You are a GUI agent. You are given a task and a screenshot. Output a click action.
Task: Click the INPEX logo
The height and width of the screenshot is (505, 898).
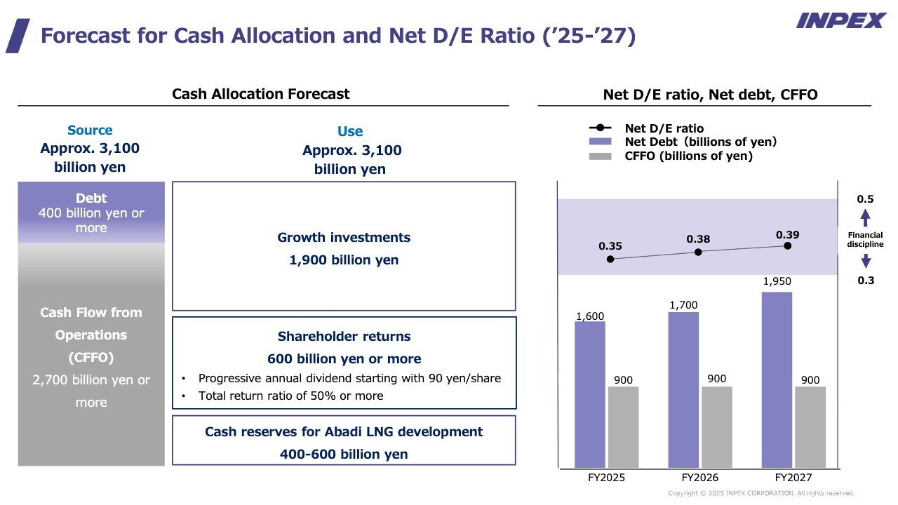(840, 20)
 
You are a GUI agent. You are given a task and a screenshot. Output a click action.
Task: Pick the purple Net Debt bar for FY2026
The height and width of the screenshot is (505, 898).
(683, 389)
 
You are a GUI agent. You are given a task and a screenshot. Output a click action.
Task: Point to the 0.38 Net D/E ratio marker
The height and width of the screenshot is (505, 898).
(698, 252)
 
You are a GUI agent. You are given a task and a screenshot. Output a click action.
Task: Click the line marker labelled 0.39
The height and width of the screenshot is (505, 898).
(788, 245)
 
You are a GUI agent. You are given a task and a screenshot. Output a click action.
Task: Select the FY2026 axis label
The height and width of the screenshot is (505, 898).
(699, 478)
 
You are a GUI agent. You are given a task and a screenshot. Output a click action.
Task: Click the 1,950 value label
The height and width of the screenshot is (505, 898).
(777, 281)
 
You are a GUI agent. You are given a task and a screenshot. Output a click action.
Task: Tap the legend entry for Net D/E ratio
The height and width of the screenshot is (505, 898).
(664, 128)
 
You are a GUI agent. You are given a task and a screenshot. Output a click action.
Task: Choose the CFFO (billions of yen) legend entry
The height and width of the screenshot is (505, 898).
(688, 156)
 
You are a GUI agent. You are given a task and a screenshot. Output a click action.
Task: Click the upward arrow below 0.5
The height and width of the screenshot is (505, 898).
(866, 217)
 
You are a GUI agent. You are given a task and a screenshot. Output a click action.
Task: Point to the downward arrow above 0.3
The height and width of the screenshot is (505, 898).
(866, 261)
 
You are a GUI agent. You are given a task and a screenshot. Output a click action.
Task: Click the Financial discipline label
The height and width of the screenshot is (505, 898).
(865, 240)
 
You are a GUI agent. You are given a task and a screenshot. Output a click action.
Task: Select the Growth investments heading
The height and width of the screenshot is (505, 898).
(344, 238)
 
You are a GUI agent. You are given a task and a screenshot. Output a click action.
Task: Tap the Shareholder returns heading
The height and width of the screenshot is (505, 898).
(344, 337)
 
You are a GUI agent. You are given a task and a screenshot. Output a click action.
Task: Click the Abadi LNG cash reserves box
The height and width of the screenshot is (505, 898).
(344, 440)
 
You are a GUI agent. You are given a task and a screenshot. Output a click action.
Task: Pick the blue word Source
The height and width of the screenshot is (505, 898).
(90, 130)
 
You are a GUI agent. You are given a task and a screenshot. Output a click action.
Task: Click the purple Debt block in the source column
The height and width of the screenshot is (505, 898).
(91, 213)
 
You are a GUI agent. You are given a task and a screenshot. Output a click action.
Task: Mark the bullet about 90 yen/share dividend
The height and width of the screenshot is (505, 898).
(349, 379)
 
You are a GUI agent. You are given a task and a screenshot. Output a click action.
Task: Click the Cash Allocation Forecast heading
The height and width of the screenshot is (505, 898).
(261, 94)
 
